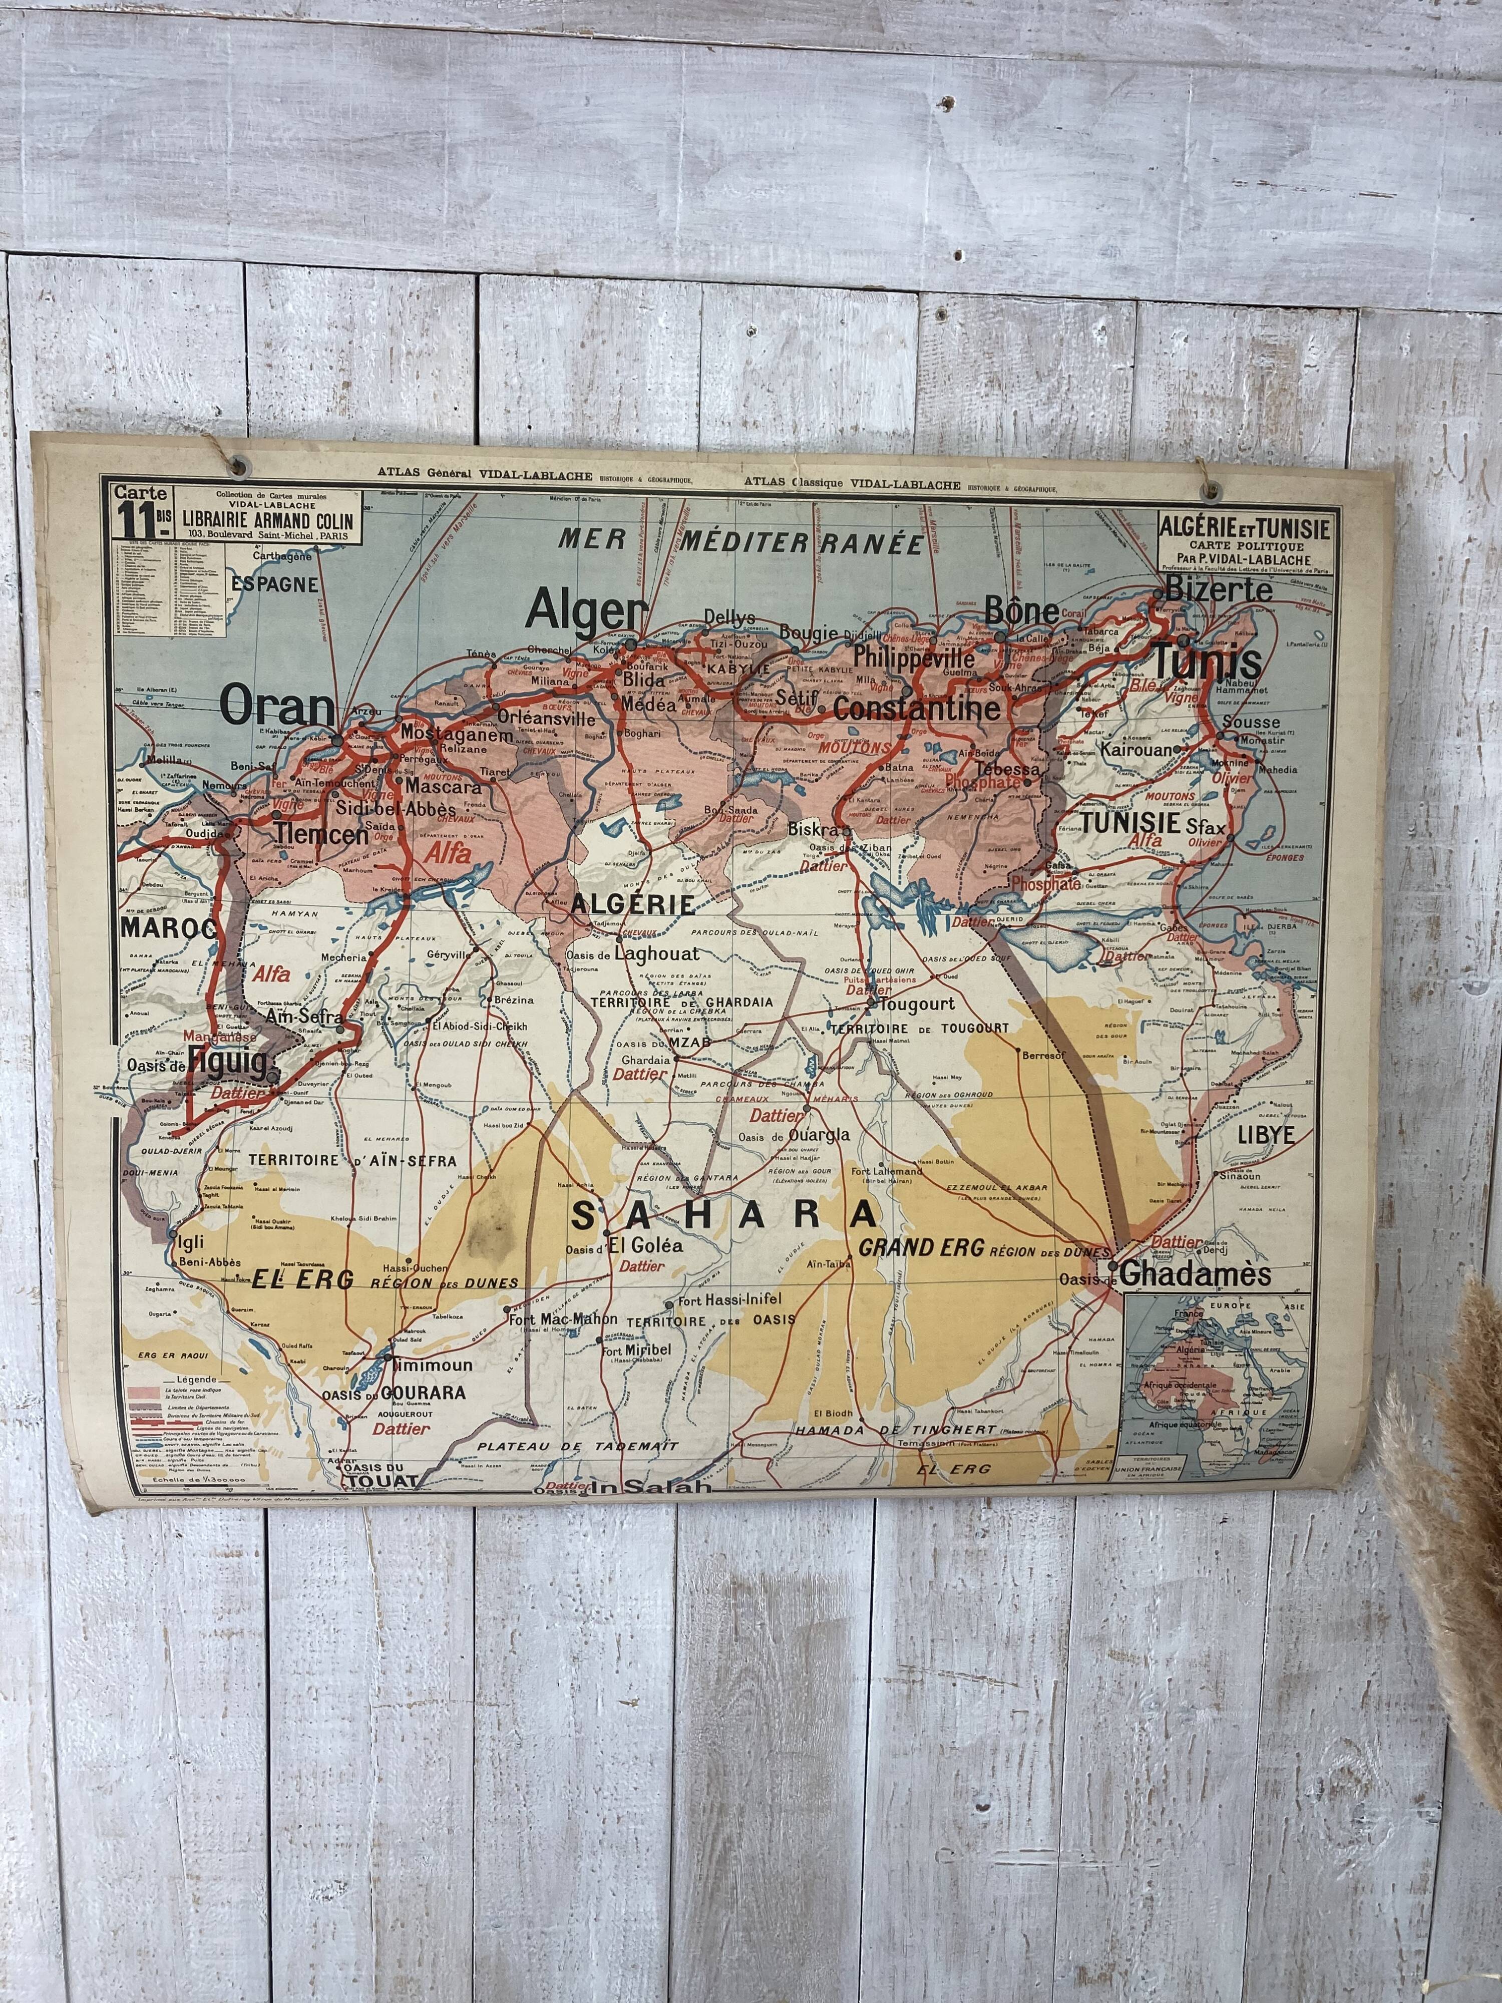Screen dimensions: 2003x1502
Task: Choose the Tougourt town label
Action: click(x=917, y=1004)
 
